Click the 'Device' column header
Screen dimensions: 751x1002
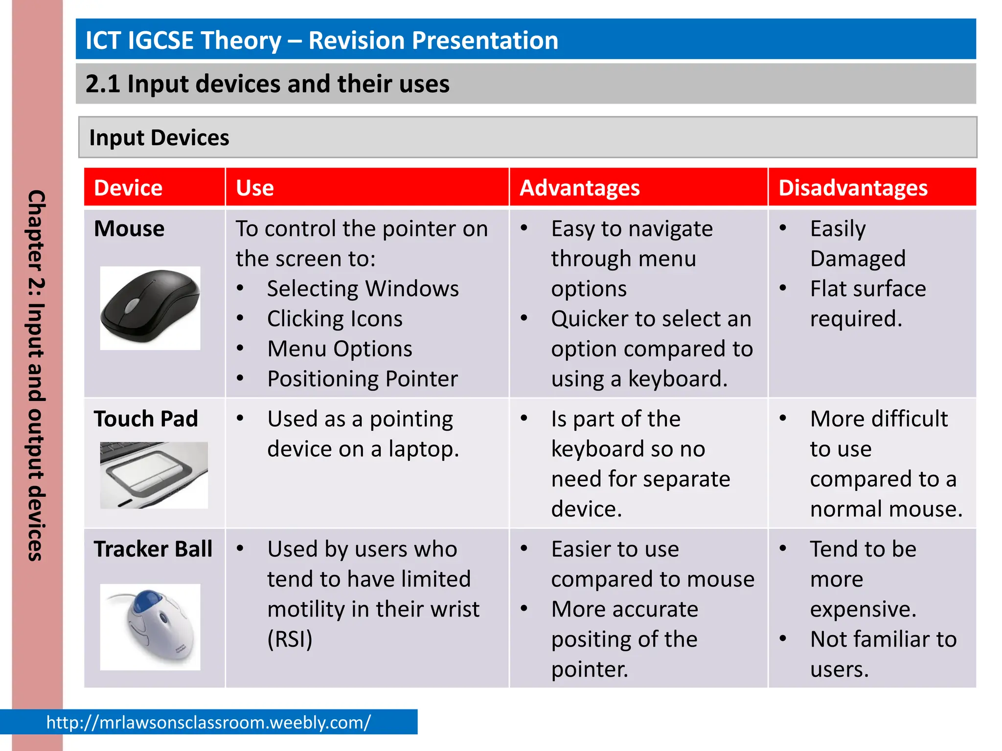(128, 188)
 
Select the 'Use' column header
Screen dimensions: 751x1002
(254, 188)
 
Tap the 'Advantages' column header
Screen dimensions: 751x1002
(579, 188)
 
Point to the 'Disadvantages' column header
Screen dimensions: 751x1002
(853, 188)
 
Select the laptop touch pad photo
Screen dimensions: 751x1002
(154, 474)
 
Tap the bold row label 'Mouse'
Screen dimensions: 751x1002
(129, 229)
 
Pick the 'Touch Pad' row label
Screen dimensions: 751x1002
(146, 419)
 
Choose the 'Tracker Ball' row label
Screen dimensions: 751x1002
(153, 549)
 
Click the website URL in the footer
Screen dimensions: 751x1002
(208, 722)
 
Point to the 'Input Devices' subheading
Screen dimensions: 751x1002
(159, 138)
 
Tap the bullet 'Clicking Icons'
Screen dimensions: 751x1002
(335, 319)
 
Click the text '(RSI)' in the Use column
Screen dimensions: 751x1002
(290, 639)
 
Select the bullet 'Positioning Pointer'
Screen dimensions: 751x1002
(362, 379)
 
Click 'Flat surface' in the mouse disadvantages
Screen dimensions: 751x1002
(867, 288)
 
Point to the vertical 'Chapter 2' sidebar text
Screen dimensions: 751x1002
(37, 375)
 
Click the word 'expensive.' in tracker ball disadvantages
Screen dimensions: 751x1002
(863, 609)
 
